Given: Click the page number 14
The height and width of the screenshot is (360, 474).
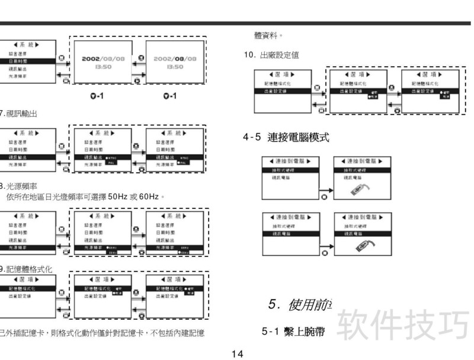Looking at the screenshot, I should point(237,354).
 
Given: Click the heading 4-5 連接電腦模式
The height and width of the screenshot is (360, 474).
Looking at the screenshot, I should point(286,137).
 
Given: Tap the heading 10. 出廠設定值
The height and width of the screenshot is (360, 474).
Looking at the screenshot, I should point(271,55).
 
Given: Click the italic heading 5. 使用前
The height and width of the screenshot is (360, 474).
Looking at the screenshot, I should point(300,305).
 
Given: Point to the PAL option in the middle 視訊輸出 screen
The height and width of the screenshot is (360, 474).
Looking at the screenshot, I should point(113,162).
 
